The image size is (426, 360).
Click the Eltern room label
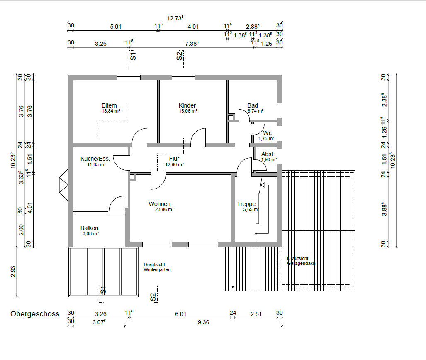point(109,105)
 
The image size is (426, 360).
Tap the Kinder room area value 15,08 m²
point(188,111)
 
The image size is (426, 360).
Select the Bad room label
point(253,105)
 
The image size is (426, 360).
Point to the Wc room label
point(267,133)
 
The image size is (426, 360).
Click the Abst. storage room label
point(268,154)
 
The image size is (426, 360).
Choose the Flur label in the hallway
point(174,159)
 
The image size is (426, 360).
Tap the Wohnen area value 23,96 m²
point(164,209)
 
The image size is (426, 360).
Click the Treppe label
point(246,204)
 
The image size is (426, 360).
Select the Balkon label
point(89,228)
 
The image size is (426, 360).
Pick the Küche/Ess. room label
point(95,159)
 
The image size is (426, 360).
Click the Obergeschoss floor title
point(35,314)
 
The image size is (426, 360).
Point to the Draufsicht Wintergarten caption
point(157,267)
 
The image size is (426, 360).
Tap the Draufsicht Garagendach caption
point(301,261)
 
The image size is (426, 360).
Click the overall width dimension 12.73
point(175,18)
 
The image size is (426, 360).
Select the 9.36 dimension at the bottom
point(204,322)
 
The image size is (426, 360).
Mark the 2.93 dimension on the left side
point(13,272)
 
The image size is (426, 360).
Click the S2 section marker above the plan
point(179,56)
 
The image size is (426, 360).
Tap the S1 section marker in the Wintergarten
point(103,290)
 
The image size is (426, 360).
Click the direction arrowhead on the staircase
point(263,185)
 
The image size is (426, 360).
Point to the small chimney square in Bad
point(231,118)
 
